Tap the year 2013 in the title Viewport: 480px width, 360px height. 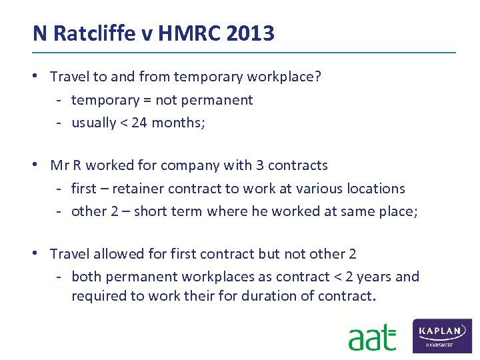tap(251, 33)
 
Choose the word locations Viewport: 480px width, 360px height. tap(375, 189)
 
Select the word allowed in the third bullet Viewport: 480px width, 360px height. tap(117, 254)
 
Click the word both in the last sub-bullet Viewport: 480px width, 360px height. tap(85, 277)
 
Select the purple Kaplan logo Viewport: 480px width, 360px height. tap(443, 335)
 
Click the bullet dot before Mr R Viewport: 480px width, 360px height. tap(41, 164)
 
